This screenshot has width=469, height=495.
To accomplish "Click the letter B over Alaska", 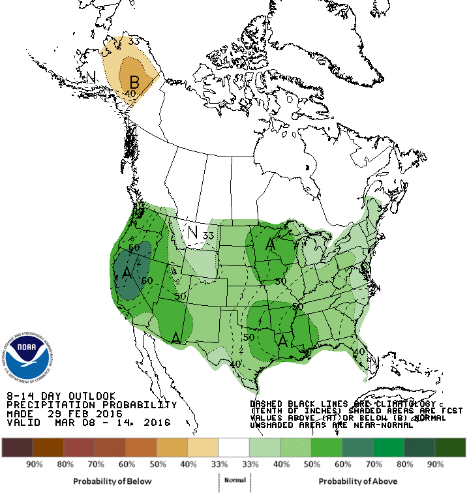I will click(x=135, y=82).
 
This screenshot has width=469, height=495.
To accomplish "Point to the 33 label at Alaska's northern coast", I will click(x=134, y=42).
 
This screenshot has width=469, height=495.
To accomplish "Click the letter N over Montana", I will click(x=192, y=232).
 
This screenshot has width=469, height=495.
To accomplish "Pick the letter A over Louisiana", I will click(x=283, y=340).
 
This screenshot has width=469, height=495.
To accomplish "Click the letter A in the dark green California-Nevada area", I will click(x=127, y=273).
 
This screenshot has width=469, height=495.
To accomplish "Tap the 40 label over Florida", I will click(x=358, y=352).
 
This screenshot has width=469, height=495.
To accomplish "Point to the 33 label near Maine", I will click(x=384, y=207).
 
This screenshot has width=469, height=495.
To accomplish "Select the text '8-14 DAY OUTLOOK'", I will click(x=61, y=396).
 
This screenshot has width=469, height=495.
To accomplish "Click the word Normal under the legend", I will click(x=235, y=480).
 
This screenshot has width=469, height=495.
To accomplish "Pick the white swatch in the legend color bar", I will click(x=235, y=447).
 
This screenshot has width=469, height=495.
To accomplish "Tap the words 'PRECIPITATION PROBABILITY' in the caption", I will click(x=92, y=404).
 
